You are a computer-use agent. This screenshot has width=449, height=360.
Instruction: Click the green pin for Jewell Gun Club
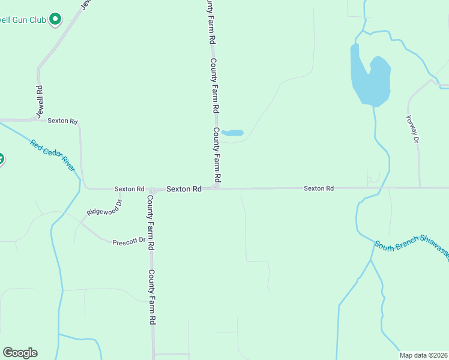55,19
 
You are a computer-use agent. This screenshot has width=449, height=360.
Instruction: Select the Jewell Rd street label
40,97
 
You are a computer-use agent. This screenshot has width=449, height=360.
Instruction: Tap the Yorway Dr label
411,129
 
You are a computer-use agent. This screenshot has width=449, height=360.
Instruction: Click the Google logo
20,353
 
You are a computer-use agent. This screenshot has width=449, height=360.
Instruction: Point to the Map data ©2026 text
423,355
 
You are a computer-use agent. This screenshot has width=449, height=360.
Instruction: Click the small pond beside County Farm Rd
232,133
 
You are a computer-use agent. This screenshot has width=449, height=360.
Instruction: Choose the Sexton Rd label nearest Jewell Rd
63,121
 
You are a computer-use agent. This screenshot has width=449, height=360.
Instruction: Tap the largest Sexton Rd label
184,188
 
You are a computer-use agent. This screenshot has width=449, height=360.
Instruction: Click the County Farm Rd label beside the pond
217,155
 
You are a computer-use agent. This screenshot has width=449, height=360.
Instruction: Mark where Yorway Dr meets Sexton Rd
420,188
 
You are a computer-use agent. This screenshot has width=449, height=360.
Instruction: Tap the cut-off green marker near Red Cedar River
1,160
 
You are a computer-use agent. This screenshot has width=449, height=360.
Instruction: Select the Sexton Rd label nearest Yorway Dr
318,188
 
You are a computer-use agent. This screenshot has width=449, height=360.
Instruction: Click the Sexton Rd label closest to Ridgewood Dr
129,189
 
